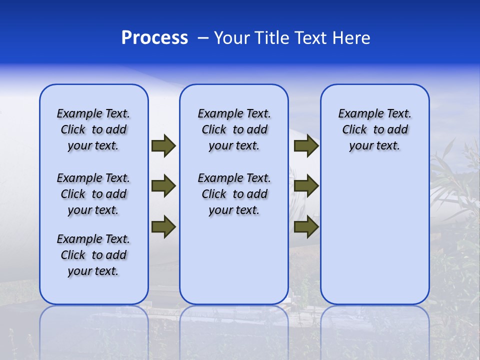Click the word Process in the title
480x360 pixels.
point(154,37)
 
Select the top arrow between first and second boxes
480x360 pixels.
point(163,145)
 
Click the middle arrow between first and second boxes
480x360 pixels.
point(163,186)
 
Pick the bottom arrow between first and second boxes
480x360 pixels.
point(163,226)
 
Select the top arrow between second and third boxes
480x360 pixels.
point(306,145)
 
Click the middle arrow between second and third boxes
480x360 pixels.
point(306,186)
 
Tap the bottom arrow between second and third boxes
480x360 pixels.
point(306,226)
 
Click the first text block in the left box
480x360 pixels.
point(93,129)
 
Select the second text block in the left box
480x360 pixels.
point(93,194)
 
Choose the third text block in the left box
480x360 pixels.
point(93,255)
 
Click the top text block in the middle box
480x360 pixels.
point(234,129)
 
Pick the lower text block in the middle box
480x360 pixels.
point(234,194)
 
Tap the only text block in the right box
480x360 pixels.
point(374,129)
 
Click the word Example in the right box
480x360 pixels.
point(357,113)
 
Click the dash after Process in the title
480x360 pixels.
point(203,38)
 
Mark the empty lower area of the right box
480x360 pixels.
point(374,235)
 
